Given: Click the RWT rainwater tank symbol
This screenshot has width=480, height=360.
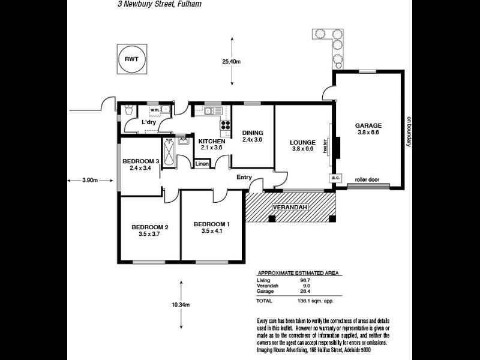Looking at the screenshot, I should [x=131, y=59].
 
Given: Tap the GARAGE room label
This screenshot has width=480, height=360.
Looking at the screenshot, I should [x=368, y=125].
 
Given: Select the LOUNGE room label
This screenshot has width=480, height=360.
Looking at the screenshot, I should [x=302, y=142].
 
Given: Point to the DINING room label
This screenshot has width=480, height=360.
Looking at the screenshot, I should [x=253, y=133].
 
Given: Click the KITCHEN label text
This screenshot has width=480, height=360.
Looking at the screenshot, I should [x=212, y=141].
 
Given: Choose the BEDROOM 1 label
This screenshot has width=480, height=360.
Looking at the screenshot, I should [x=212, y=224].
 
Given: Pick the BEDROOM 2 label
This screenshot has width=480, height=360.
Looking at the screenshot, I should [x=150, y=227].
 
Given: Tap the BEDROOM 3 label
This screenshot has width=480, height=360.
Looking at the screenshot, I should [x=141, y=161].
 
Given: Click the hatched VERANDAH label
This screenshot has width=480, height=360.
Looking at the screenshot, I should [x=290, y=207].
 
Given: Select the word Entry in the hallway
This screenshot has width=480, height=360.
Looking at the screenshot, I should [x=244, y=177].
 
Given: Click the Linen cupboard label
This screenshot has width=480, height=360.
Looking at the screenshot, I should [x=202, y=164].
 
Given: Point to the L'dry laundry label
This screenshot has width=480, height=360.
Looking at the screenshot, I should [x=149, y=122].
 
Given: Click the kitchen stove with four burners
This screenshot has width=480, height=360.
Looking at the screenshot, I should [x=226, y=125].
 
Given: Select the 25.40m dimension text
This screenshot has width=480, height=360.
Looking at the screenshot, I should [x=231, y=61].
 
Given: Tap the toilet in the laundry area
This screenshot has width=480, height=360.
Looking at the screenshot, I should [x=128, y=111].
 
